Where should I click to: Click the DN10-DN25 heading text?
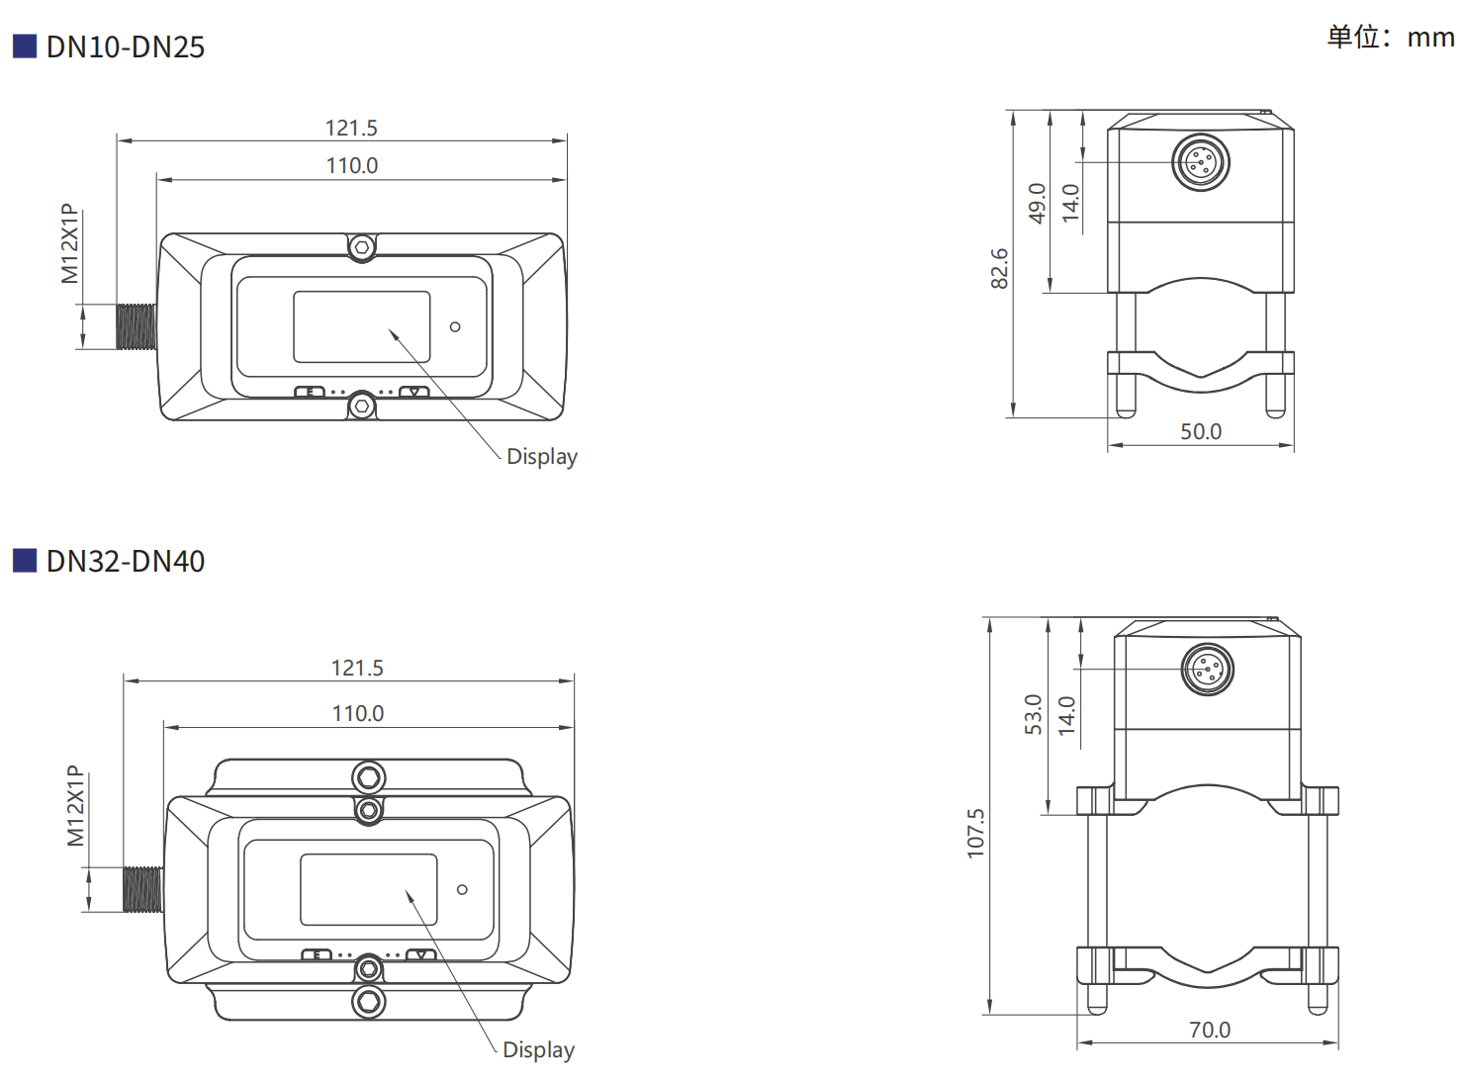(125, 47)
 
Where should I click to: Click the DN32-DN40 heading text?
(125, 562)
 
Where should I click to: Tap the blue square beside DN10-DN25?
(25, 45)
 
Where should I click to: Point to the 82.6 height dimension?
(1000, 268)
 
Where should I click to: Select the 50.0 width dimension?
(1201, 432)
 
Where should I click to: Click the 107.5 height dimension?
(976, 833)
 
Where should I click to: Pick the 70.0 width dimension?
(1210, 1031)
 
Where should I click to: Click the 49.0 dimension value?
(1037, 203)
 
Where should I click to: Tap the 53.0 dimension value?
(1034, 714)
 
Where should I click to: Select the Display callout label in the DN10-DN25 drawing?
(541, 457)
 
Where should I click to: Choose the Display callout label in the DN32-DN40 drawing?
(538, 1050)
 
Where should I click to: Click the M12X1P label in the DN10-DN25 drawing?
(69, 244)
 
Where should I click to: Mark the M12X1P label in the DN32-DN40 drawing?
(75, 806)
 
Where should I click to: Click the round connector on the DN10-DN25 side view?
(1201, 162)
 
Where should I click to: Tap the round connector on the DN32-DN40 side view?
(1208, 670)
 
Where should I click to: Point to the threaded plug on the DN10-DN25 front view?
(137, 327)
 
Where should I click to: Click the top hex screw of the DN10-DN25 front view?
(362, 246)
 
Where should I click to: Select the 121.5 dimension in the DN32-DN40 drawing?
(357, 669)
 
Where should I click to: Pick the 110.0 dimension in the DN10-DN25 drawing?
(352, 166)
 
